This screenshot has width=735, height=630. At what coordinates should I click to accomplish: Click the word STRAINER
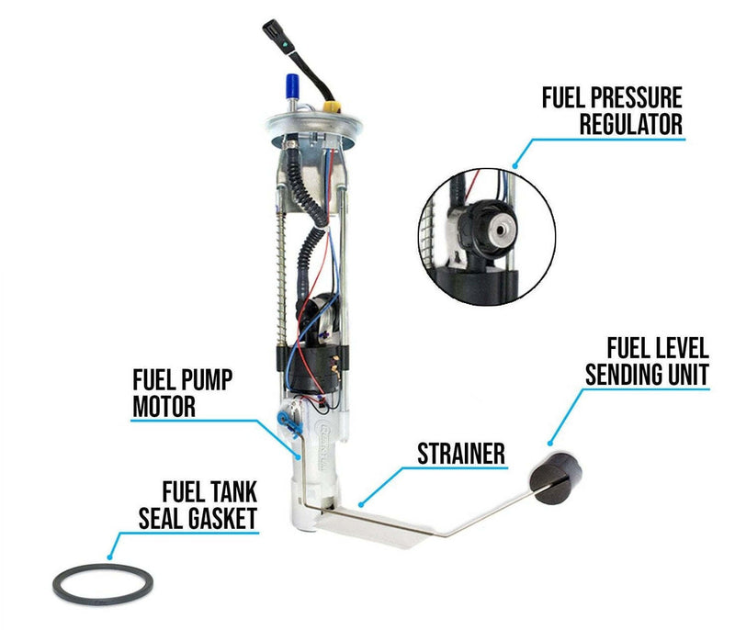[x=461, y=454]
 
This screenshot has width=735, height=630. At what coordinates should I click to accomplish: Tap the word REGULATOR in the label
[x=631, y=124]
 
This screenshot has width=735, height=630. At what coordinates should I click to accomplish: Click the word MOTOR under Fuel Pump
[x=164, y=406]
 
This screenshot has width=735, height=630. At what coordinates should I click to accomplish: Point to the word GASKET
[x=222, y=518]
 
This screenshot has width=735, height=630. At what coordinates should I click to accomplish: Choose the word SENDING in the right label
[x=625, y=375]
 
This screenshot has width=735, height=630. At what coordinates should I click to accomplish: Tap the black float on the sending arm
[x=557, y=477]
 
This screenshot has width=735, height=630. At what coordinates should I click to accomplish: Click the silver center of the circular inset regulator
[x=501, y=230]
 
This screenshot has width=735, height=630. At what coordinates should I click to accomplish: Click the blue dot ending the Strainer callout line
[x=360, y=504]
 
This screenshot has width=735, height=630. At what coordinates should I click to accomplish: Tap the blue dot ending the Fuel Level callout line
[x=550, y=443]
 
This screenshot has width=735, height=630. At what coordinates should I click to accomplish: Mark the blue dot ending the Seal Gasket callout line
[x=109, y=557]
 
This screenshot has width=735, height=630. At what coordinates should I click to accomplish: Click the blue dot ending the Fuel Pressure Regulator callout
[x=514, y=165]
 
